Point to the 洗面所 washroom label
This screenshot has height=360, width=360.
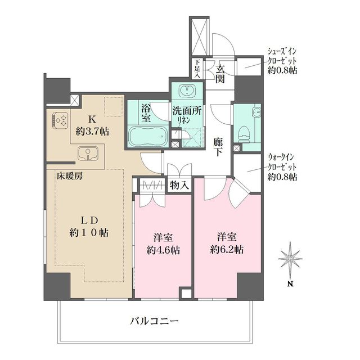[186, 111]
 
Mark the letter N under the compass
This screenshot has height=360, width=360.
[290, 283]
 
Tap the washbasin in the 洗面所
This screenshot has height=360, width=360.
[186, 91]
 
